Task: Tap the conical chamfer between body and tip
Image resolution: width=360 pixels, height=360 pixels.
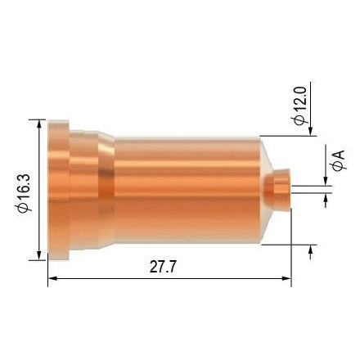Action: (263, 187)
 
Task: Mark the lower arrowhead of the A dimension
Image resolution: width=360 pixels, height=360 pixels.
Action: (327, 199)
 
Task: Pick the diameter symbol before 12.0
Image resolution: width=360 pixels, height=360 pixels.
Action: (300, 119)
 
